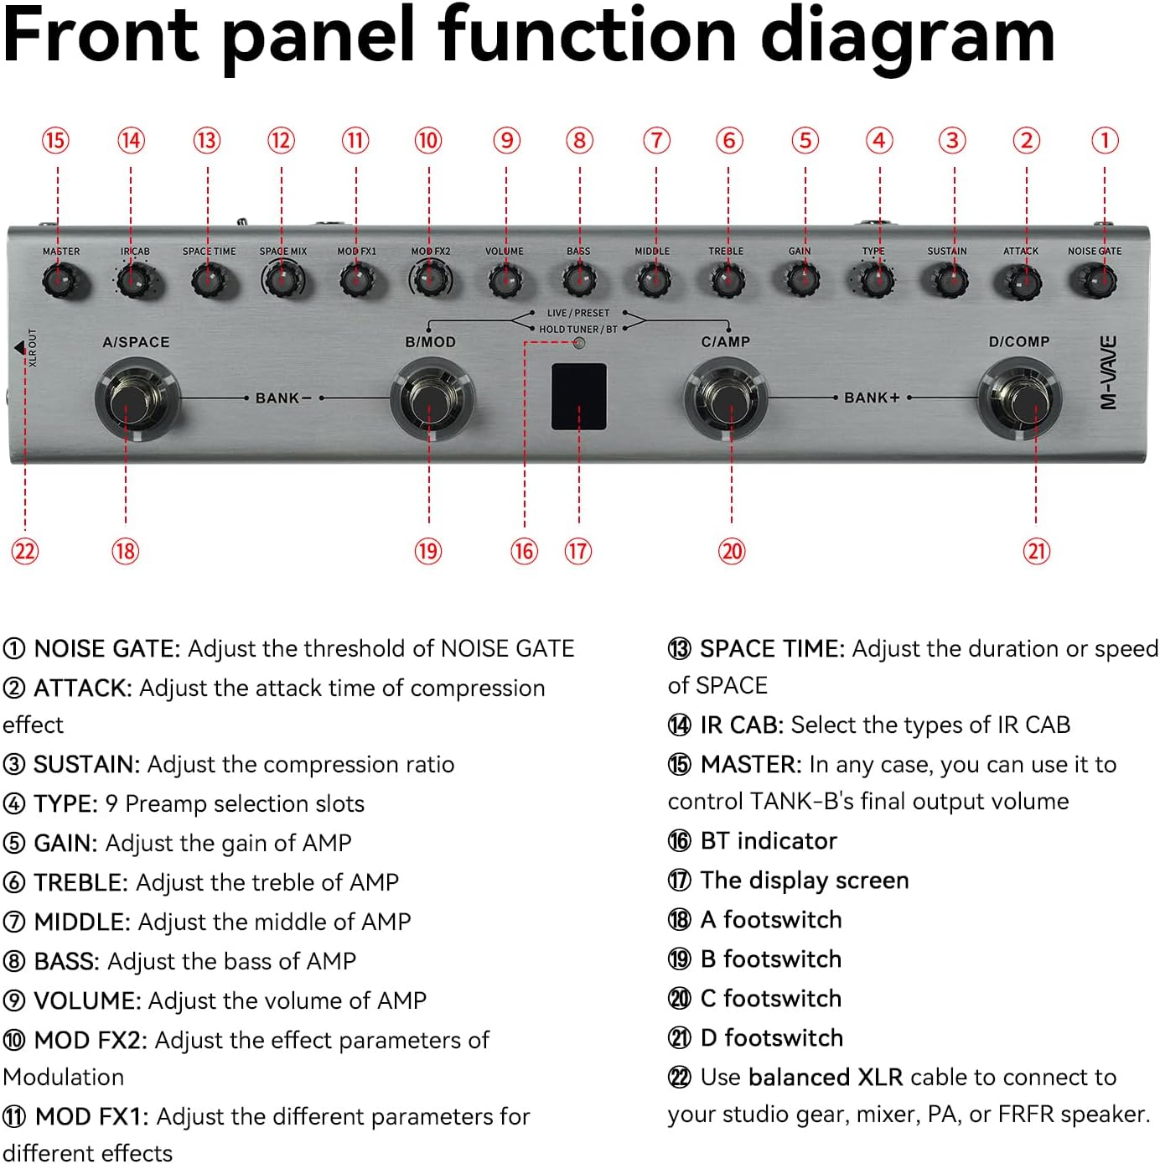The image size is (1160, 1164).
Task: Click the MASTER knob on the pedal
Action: click(58, 281)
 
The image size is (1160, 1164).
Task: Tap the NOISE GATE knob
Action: click(1097, 281)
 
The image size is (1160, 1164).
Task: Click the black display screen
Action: click(578, 397)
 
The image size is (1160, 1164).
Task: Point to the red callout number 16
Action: click(524, 551)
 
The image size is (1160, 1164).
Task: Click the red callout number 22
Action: click(25, 551)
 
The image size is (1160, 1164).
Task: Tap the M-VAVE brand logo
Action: click(1108, 373)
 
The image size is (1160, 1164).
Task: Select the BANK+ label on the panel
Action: click(872, 398)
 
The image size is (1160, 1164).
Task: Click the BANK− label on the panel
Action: click(283, 398)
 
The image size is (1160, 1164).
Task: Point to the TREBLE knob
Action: click(726, 281)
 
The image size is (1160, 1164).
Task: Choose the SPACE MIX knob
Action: click(282, 279)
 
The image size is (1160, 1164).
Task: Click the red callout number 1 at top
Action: click(1105, 140)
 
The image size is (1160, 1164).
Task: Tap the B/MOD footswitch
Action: click(430, 400)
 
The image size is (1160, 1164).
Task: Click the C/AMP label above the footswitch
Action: click(726, 341)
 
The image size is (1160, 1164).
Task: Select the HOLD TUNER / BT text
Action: click(577, 330)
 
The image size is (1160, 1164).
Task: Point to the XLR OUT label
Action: click(33, 347)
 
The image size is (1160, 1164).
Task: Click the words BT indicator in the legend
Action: click(769, 840)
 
